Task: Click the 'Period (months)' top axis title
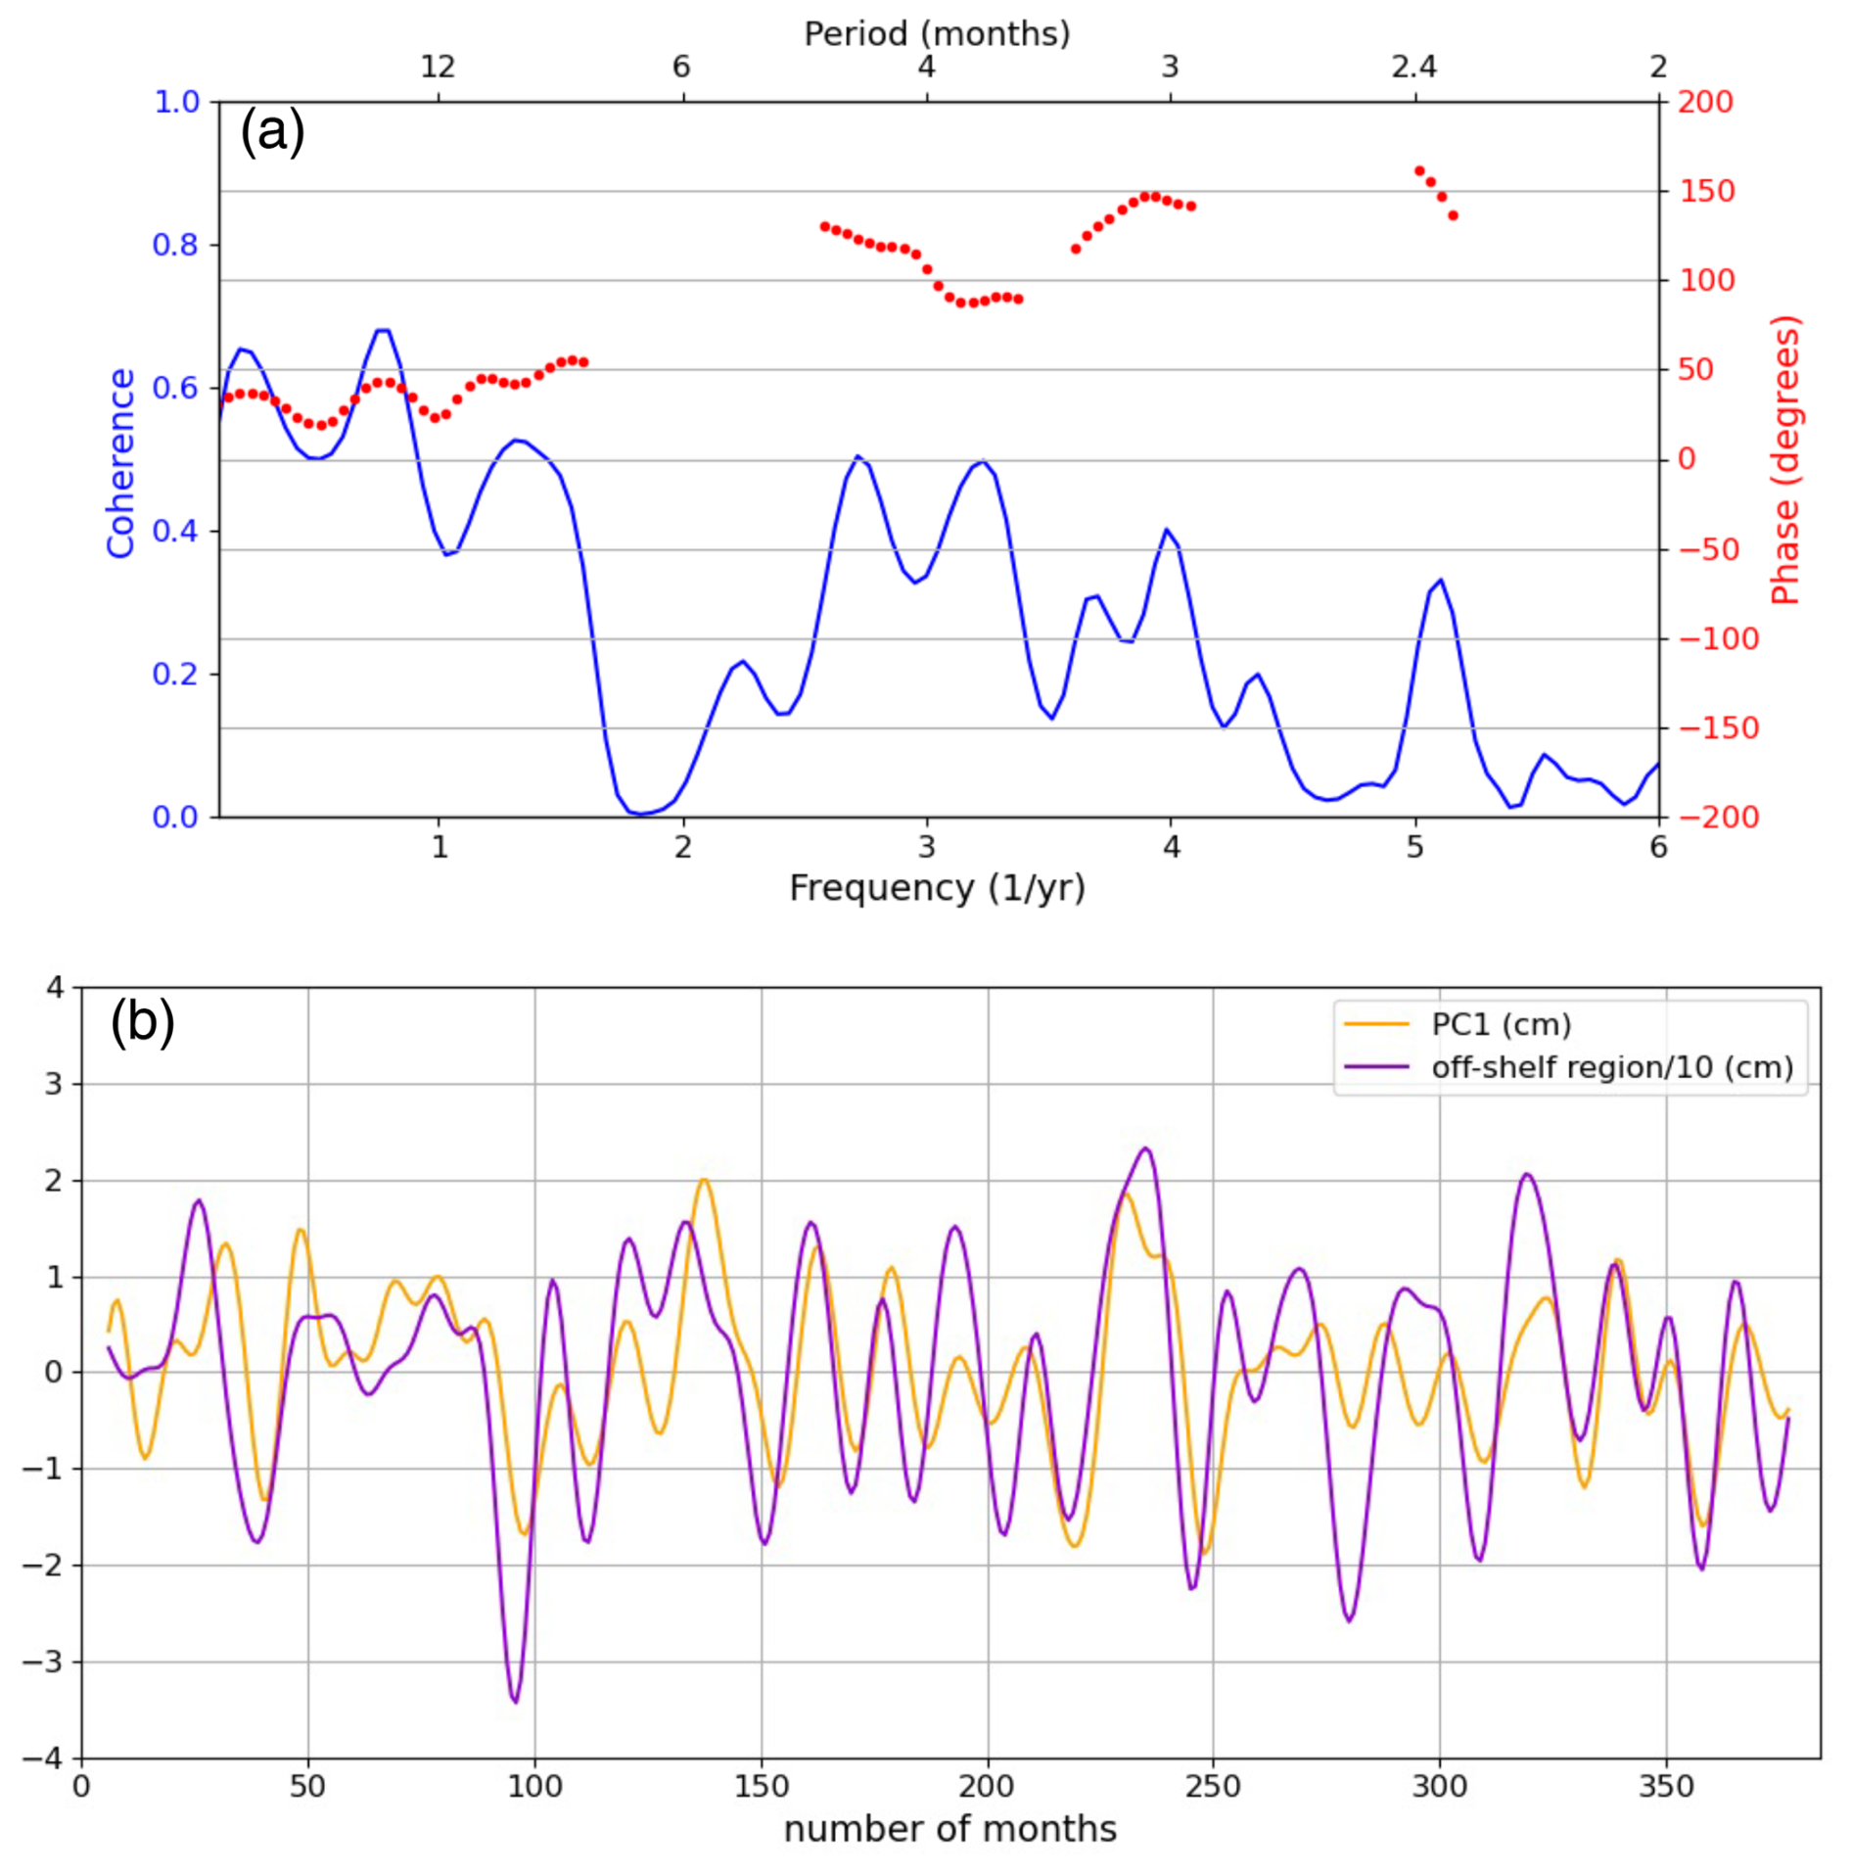[936, 33]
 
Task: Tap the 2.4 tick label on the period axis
[1413, 67]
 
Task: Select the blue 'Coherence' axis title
[121, 462]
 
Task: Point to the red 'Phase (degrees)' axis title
[1785, 460]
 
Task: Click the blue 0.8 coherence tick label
[175, 245]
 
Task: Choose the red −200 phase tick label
[1719, 817]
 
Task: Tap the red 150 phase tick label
[1707, 191]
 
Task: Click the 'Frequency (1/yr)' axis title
[937, 887]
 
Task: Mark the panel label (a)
[272, 131]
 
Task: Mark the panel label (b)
[142, 1021]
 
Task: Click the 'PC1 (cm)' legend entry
[1501, 1024]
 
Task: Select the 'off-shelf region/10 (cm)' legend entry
[1611, 1066]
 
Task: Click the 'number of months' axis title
[949, 1828]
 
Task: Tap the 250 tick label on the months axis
[1212, 1785]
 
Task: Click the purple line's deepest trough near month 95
[515, 1702]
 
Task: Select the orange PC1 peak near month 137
[703, 1180]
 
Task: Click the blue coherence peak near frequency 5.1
[1440, 580]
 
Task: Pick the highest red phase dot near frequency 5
[1419, 171]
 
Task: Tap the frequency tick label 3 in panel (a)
[926, 846]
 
